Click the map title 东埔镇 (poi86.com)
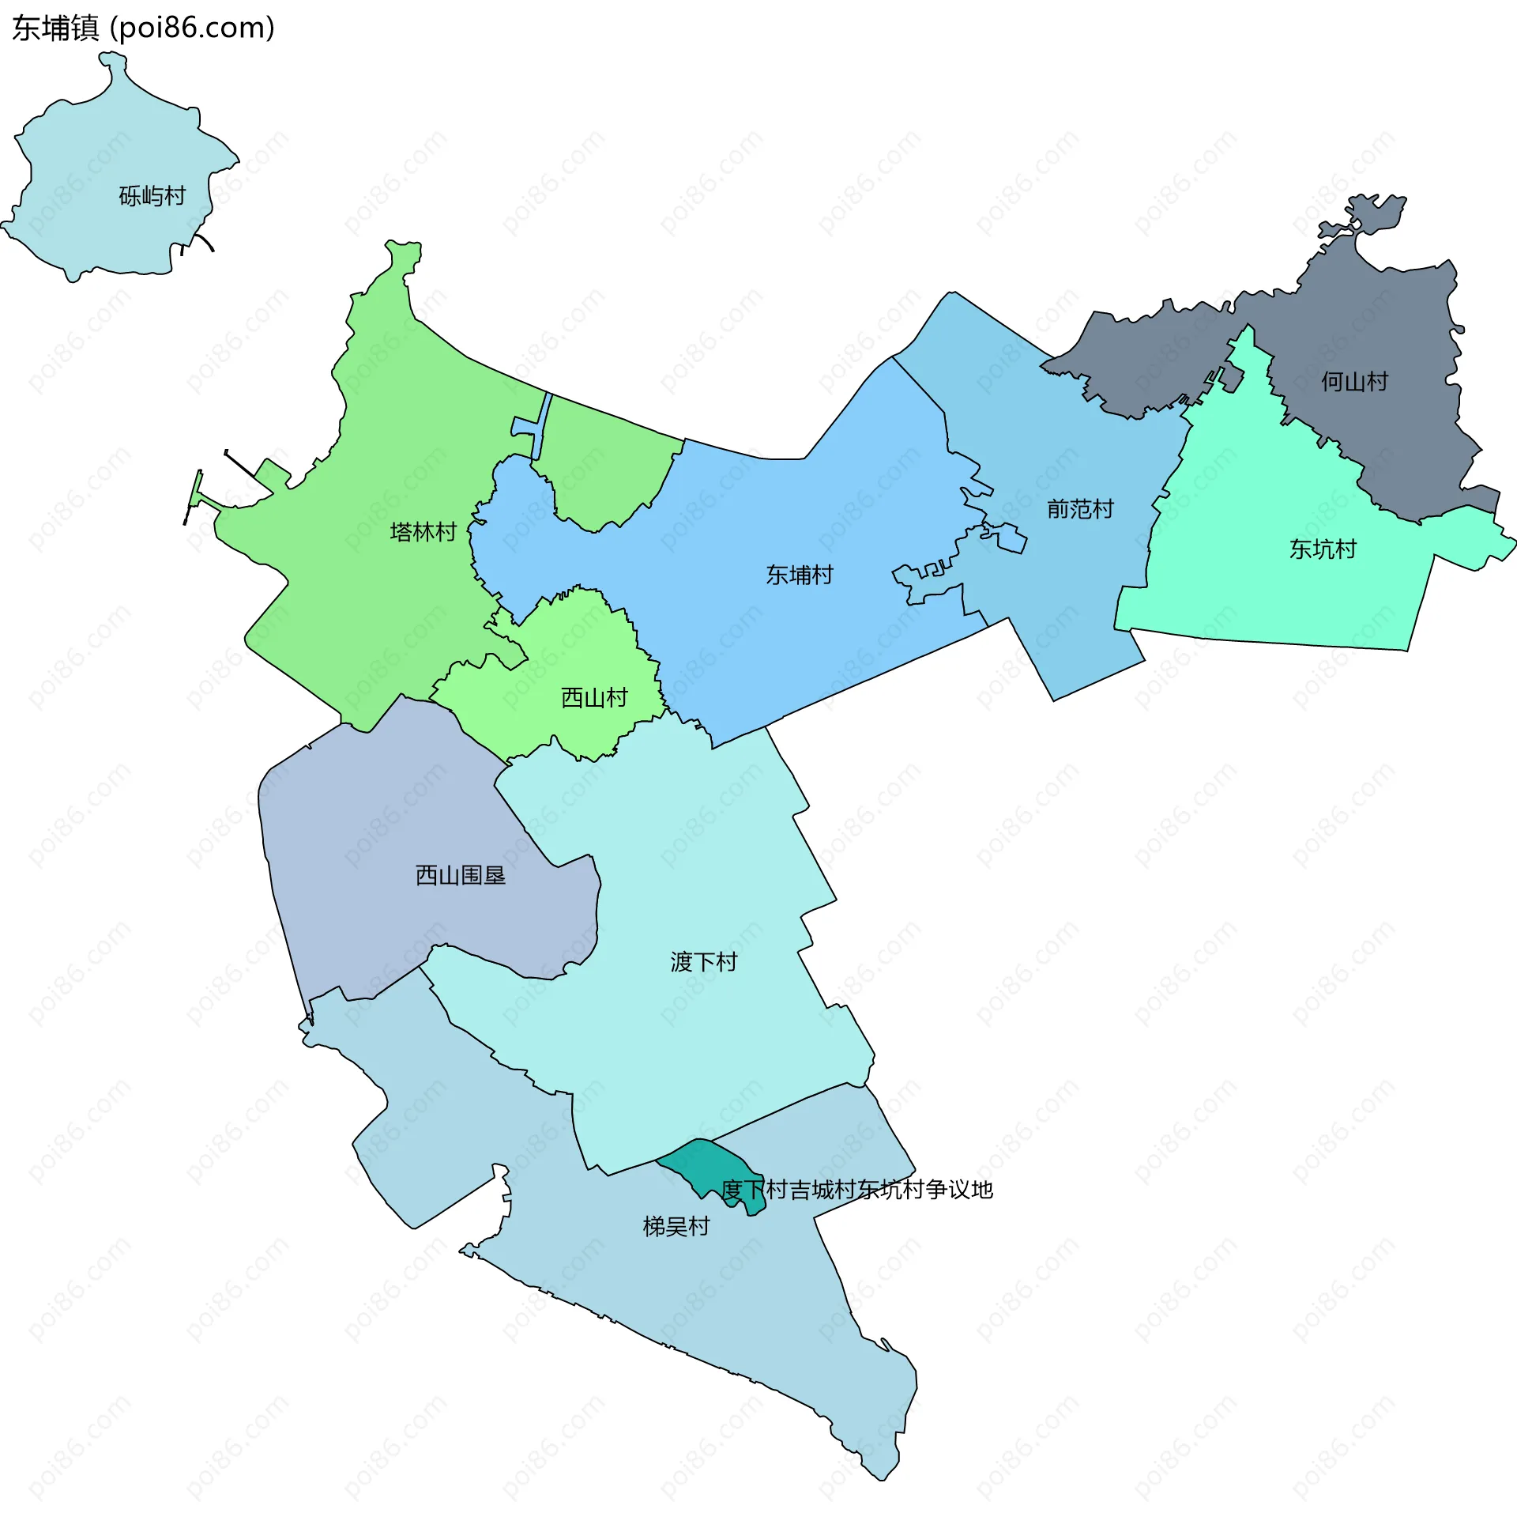pyautogui.click(x=144, y=28)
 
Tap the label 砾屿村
pyautogui.click(x=152, y=195)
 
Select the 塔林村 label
pyautogui.click(x=423, y=531)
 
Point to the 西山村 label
pyautogui.click(x=594, y=698)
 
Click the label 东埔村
pyautogui.click(x=799, y=575)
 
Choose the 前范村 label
pyautogui.click(x=1080, y=508)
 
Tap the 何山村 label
pyautogui.click(x=1354, y=381)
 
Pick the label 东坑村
pyautogui.click(x=1323, y=549)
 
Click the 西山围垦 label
pyautogui.click(x=461, y=875)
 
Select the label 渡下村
pyautogui.click(x=704, y=962)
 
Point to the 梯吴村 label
pyautogui.click(x=676, y=1227)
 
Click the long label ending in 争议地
pyautogui.click(x=856, y=1190)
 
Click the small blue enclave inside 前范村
pyautogui.click(x=1012, y=539)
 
